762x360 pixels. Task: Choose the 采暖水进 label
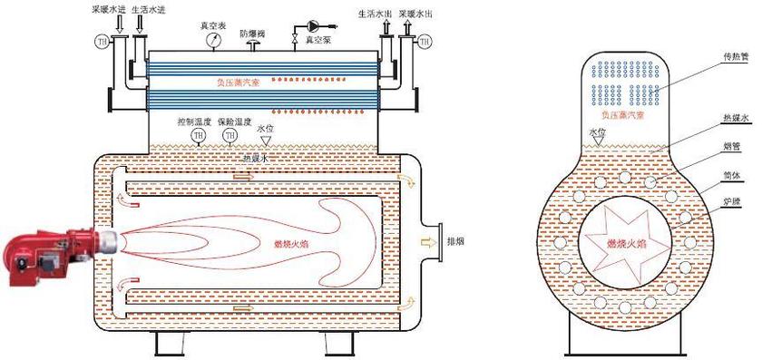coord(107,7)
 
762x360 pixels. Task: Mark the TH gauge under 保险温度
coord(230,136)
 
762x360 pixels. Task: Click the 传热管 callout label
coord(734,56)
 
